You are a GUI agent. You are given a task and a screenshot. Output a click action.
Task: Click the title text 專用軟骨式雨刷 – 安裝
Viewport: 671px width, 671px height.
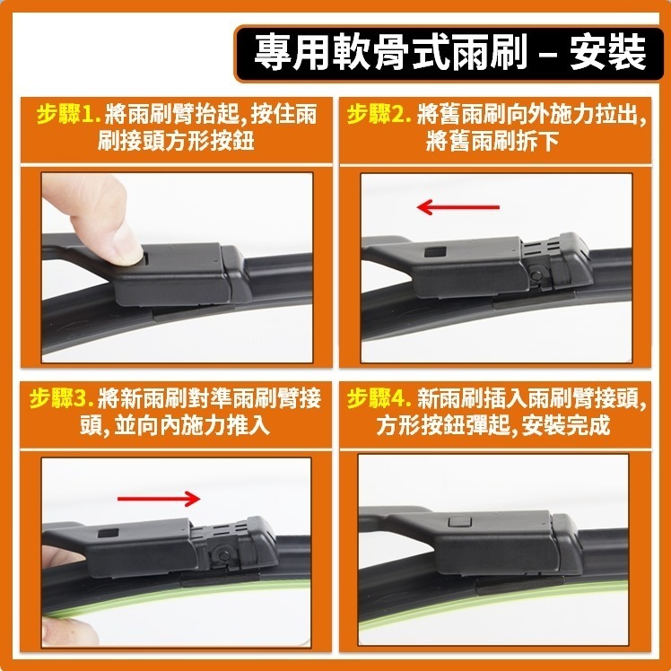point(449,53)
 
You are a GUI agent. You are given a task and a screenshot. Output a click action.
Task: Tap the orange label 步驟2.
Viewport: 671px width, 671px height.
point(379,116)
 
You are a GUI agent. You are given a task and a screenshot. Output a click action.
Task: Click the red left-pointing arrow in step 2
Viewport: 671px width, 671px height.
point(457,208)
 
